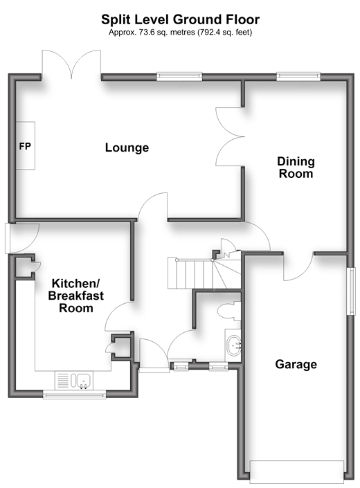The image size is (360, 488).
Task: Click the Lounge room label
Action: point(127,147)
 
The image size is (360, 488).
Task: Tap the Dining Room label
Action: point(296,168)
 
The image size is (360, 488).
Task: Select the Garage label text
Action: point(296,364)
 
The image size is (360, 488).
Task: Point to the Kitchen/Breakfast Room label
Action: point(76,296)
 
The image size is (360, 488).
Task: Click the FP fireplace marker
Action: point(25,146)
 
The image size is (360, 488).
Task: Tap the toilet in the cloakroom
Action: point(230,311)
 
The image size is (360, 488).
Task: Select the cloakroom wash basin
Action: point(233,345)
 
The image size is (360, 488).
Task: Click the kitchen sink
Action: point(83,381)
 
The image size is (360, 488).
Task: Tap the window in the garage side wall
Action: point(352,291)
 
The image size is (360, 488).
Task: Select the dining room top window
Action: point(298,76)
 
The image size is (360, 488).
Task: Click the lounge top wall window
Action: point(179,76)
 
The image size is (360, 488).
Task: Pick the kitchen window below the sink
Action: point(74,395)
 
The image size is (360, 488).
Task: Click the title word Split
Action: point(112,20)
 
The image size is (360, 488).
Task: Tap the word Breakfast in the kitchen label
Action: point(76,296)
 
